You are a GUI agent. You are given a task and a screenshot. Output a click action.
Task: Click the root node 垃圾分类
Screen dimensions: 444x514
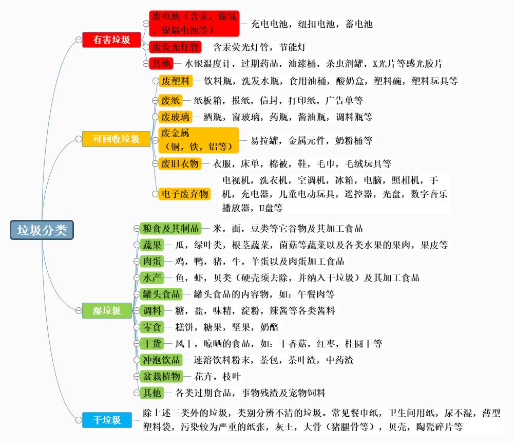42,230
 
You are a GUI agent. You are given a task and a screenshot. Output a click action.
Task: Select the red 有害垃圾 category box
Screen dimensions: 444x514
111,40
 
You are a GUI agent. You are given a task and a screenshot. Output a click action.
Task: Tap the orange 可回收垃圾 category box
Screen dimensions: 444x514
116,139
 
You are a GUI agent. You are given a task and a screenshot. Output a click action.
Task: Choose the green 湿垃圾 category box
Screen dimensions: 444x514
107,310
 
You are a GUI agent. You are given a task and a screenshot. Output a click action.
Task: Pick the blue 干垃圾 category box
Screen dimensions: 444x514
107,420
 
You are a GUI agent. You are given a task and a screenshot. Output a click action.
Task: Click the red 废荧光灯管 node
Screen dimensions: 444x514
175,47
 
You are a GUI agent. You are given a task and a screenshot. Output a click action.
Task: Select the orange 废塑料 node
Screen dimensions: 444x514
176,81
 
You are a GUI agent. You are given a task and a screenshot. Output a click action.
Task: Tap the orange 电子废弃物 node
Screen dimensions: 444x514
185,194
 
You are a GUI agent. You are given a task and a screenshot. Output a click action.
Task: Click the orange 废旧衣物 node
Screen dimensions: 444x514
180,163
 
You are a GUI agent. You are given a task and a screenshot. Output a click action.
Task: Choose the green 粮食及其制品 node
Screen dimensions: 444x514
170,228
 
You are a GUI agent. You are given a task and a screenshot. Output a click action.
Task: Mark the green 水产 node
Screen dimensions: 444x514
152,277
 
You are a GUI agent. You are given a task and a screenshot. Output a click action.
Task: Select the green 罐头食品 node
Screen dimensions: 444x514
161,294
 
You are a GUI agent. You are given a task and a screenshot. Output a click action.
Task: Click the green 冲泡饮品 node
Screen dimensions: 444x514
161,360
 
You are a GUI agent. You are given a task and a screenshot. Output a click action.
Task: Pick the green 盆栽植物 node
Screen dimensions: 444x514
161,376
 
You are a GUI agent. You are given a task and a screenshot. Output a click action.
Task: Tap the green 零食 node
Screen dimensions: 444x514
152,327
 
